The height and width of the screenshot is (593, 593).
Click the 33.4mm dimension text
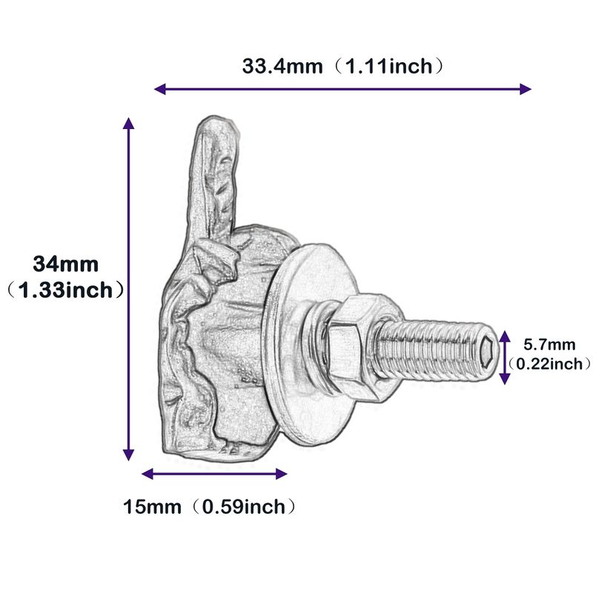(x=282, y=66)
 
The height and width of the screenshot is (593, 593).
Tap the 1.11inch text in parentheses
(x=389, y=66)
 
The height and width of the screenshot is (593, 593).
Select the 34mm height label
(x=66, y=264)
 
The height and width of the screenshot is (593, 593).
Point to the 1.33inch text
(x=65, y=290)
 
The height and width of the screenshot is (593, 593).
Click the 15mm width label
(x=152, y=507)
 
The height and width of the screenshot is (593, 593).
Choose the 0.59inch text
(x=244, y=507)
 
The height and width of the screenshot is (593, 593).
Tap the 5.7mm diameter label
(x=549, y=345)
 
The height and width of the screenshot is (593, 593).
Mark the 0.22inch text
(x=549, y=364)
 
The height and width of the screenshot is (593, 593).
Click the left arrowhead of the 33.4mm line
(x=159, y=89)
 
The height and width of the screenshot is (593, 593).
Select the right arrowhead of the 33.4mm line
(x=526, y=89)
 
